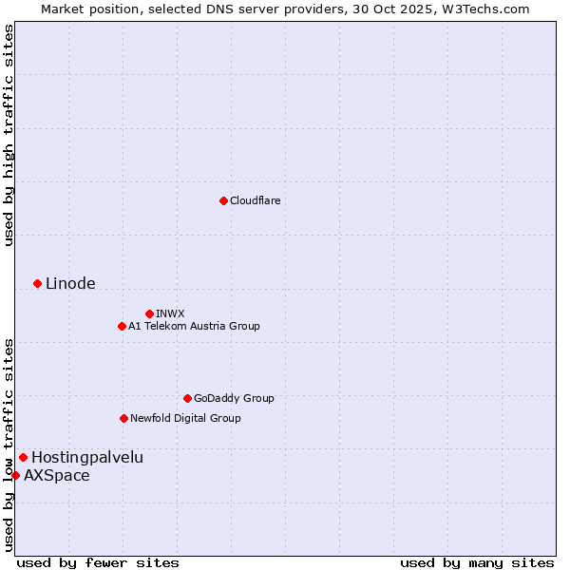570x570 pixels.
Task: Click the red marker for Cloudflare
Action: click(223, 200)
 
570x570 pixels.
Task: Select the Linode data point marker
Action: click(37, 283)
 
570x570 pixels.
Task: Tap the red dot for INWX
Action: click(149, 313)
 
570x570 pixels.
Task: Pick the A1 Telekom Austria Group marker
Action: click(122, 326)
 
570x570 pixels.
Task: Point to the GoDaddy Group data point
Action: click(187, 398)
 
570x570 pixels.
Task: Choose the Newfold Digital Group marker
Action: click(123, 418)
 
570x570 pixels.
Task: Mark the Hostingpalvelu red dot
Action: click(23, 457)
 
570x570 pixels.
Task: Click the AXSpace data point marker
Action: click(15, 475)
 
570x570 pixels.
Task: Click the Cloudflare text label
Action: click(256, 200)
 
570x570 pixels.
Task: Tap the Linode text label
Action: click(70, 283)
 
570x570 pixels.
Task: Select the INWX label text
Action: click(171, 313)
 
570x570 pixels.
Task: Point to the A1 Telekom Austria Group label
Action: click(194, 326)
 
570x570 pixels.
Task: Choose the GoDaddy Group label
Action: click(234, 398)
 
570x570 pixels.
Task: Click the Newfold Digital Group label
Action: click(185, 418)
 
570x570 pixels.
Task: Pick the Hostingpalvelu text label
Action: click(87, 457)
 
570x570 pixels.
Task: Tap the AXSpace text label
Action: click(57, 475)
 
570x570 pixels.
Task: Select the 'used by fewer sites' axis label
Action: click(98, 562)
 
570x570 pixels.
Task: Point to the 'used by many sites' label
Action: click(477, 562)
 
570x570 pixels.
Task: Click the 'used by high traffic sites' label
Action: click(9, 135)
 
